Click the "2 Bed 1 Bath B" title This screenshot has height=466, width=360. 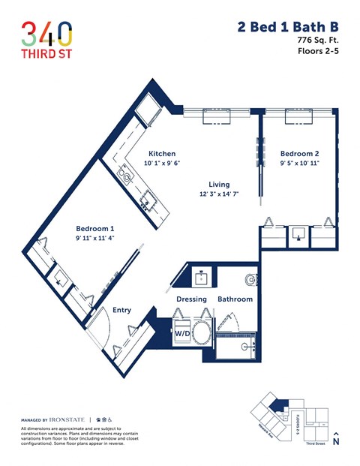click(287, 27)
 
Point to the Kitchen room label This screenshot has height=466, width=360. click(161, 153)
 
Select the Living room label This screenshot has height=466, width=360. click(219, 184)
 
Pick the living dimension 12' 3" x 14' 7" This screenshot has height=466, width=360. click(219, 194)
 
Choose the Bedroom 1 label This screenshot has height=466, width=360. click(94, 228)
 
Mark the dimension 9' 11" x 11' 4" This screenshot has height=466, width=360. click(94, 239)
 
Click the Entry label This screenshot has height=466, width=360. click(121, 309)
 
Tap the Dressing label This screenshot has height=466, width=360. click(191, 299)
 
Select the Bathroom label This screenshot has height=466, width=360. click(235, 299)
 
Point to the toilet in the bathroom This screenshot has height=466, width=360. click(250, 280)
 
